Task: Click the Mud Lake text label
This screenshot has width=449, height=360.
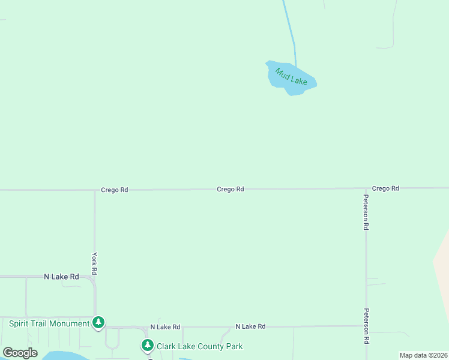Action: (x=291, y=77)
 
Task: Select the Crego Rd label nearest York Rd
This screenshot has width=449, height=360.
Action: (x=114, y=190)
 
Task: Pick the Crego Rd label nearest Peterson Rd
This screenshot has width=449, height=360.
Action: (x=385, y=188)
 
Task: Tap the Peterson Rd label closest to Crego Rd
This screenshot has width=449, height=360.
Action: (x=366, y=212)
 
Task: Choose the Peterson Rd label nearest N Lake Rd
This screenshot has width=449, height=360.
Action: (x=366, y=326)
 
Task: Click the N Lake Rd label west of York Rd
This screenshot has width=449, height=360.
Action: (x=61, y=277)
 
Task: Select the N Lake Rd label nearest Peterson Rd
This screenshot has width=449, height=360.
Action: (x=250, y=326)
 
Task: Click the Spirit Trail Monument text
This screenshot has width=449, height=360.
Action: (x=49, y=323)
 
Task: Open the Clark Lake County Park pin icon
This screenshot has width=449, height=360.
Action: (x=147, y=345)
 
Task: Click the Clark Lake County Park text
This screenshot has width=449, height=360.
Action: (x=199, y=346)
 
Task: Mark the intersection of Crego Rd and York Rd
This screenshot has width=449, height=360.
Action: (x=94, y=190)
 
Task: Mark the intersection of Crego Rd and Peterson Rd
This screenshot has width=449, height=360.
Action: (x=366, y=188)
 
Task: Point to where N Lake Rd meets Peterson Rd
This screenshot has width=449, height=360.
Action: (x=366, y=326)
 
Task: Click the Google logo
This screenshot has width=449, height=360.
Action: (x=20, y=353)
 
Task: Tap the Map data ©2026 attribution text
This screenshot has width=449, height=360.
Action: (x=423, y=355)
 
